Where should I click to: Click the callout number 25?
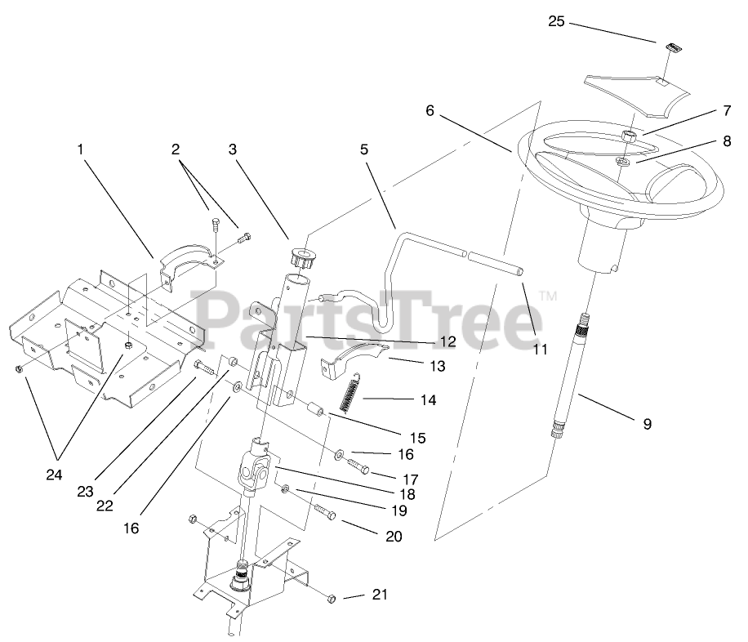click(x=555, y=21)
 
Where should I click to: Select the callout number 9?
click(x=647, y=424)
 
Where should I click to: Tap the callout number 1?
click(x=80, y=149)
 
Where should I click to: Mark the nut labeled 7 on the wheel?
click(x=630, y=136)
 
